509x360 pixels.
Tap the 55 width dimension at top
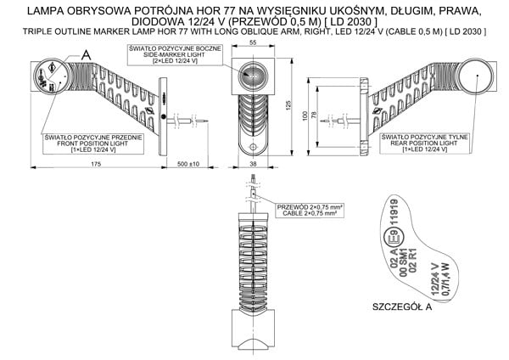[x=253, y=42]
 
